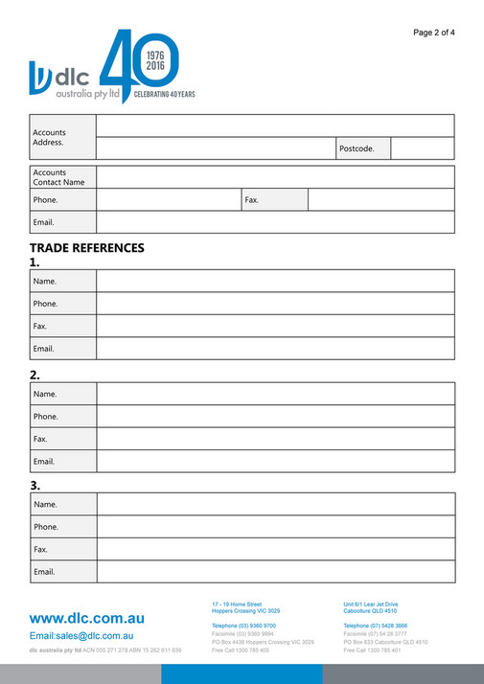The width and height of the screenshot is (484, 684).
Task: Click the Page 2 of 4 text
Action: (433, 33)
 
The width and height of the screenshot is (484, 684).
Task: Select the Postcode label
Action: (357, 148)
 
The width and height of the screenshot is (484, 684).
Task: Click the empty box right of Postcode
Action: (422, 148)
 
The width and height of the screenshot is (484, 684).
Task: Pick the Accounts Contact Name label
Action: (58, 177)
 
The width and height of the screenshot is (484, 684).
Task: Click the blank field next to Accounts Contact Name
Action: (274, 177)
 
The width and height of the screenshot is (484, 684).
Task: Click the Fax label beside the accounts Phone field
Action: (253, 200)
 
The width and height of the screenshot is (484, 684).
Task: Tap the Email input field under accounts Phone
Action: (274, 222)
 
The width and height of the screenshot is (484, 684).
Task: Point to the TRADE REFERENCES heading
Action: (86, 247)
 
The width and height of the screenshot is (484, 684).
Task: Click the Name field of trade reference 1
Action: (274, 282)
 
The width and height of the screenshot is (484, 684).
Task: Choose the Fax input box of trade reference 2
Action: (274, 439)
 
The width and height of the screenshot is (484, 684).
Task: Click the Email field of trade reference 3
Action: (274, 572)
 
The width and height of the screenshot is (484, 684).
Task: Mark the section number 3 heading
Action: (35, 485)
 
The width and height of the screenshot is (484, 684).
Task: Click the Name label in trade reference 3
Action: (45, 504)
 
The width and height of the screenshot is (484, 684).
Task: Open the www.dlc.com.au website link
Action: (87, 618)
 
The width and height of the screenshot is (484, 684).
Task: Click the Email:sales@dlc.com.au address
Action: (81, 635)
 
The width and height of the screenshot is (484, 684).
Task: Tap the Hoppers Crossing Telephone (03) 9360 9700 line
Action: (243, 625)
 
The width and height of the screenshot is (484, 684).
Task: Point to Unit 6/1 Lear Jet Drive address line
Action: (370, 604)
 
